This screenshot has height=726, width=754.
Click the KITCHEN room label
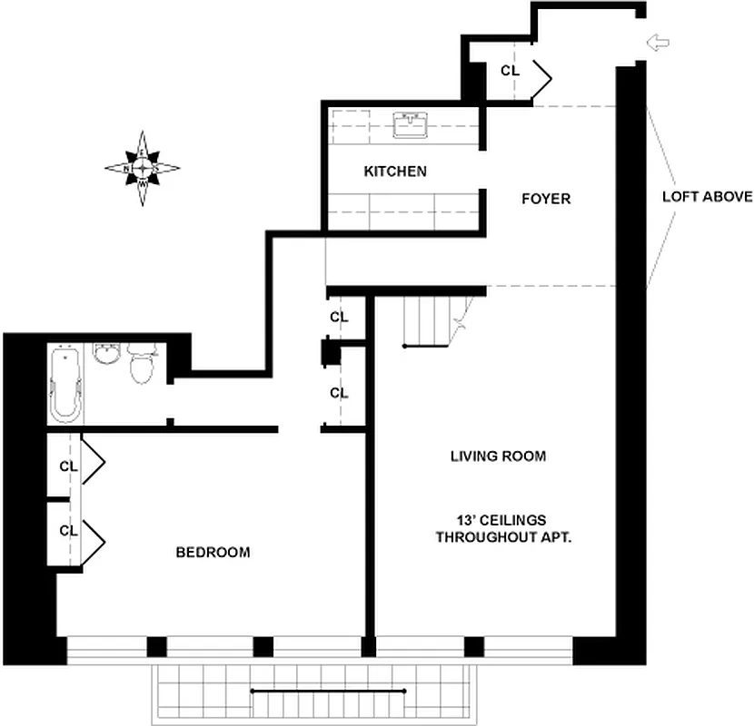click(x=395, y=171)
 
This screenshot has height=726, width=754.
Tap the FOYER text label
click(x=546, y=198)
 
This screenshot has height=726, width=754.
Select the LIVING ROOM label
click(x=498, y=456)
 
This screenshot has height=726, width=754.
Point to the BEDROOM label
click(x=213, y=552)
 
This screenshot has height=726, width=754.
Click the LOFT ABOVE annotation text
click(x=707, y=196)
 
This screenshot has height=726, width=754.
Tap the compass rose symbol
click(x=143, y=168)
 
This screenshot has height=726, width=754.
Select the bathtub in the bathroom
click(x=66, y=385)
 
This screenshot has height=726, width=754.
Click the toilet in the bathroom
click(x=143, y=366)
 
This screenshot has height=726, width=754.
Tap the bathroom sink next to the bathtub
click(x=108, y=354)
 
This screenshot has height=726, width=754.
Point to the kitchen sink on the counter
click(x=412, y=125)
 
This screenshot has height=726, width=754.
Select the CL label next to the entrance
click(x=510, y=70)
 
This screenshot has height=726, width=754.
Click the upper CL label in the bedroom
click(x=68, y=466)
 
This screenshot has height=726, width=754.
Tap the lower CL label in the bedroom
click(x=68, y=530)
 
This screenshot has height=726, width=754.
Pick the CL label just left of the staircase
click(x=339, y=317)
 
